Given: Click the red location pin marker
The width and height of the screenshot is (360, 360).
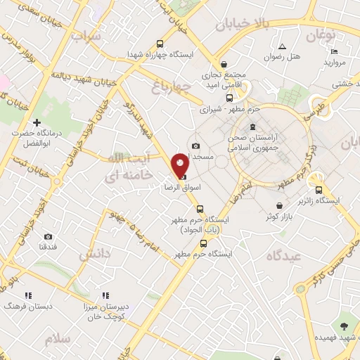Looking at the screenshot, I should (x=180, y=165).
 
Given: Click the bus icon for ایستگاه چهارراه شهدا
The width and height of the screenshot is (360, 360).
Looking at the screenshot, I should (x=160, y=42).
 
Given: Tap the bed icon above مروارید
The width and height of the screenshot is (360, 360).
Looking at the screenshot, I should (x=335, y=51).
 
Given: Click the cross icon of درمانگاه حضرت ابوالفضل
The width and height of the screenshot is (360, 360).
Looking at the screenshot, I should (x=37, y=123).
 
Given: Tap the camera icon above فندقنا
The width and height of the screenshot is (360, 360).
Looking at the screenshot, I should (x=48, y=237).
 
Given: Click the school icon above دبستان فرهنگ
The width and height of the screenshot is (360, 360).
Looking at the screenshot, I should (x=28, y=296).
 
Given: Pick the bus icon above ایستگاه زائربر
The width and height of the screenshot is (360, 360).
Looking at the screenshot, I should (x=319, y=189).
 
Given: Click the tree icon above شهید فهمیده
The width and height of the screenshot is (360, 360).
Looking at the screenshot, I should (x=344, y=326).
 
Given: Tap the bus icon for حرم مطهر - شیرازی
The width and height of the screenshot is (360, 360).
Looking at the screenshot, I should (x=230, y=98).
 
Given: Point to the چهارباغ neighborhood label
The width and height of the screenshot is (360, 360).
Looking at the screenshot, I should (x=171, y=87).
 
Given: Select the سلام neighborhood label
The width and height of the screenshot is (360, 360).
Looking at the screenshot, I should (x=59, y=340).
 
